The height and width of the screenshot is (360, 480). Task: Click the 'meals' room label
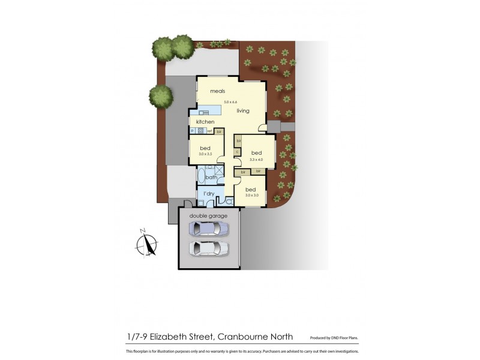tap(217, 91)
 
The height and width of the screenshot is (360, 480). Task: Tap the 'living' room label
tap(242, 111)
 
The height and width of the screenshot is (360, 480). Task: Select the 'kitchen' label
tap(205, 122)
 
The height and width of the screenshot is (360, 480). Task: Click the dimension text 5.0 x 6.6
tap(231, 103)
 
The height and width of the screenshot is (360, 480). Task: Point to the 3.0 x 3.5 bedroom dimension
tap(205, 154)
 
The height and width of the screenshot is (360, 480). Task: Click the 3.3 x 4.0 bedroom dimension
tap(257, 160)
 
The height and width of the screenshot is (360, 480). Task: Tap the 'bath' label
tap(211, 178)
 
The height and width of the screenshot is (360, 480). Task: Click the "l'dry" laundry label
tap(209, 193)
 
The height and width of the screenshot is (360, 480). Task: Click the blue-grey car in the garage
tap(208, 228)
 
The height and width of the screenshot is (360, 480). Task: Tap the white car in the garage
tap(208, 248)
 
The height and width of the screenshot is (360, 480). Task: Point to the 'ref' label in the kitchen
tap(210, 131)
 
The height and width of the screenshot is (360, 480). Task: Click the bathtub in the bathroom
tap(201, 176)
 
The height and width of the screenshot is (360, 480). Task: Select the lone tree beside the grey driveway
tap(160, 96)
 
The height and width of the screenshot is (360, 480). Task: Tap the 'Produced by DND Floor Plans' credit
tap(334, 338)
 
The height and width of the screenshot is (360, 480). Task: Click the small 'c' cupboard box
tap(237, 152)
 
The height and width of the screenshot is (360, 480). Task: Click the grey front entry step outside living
tap(274, 126)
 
